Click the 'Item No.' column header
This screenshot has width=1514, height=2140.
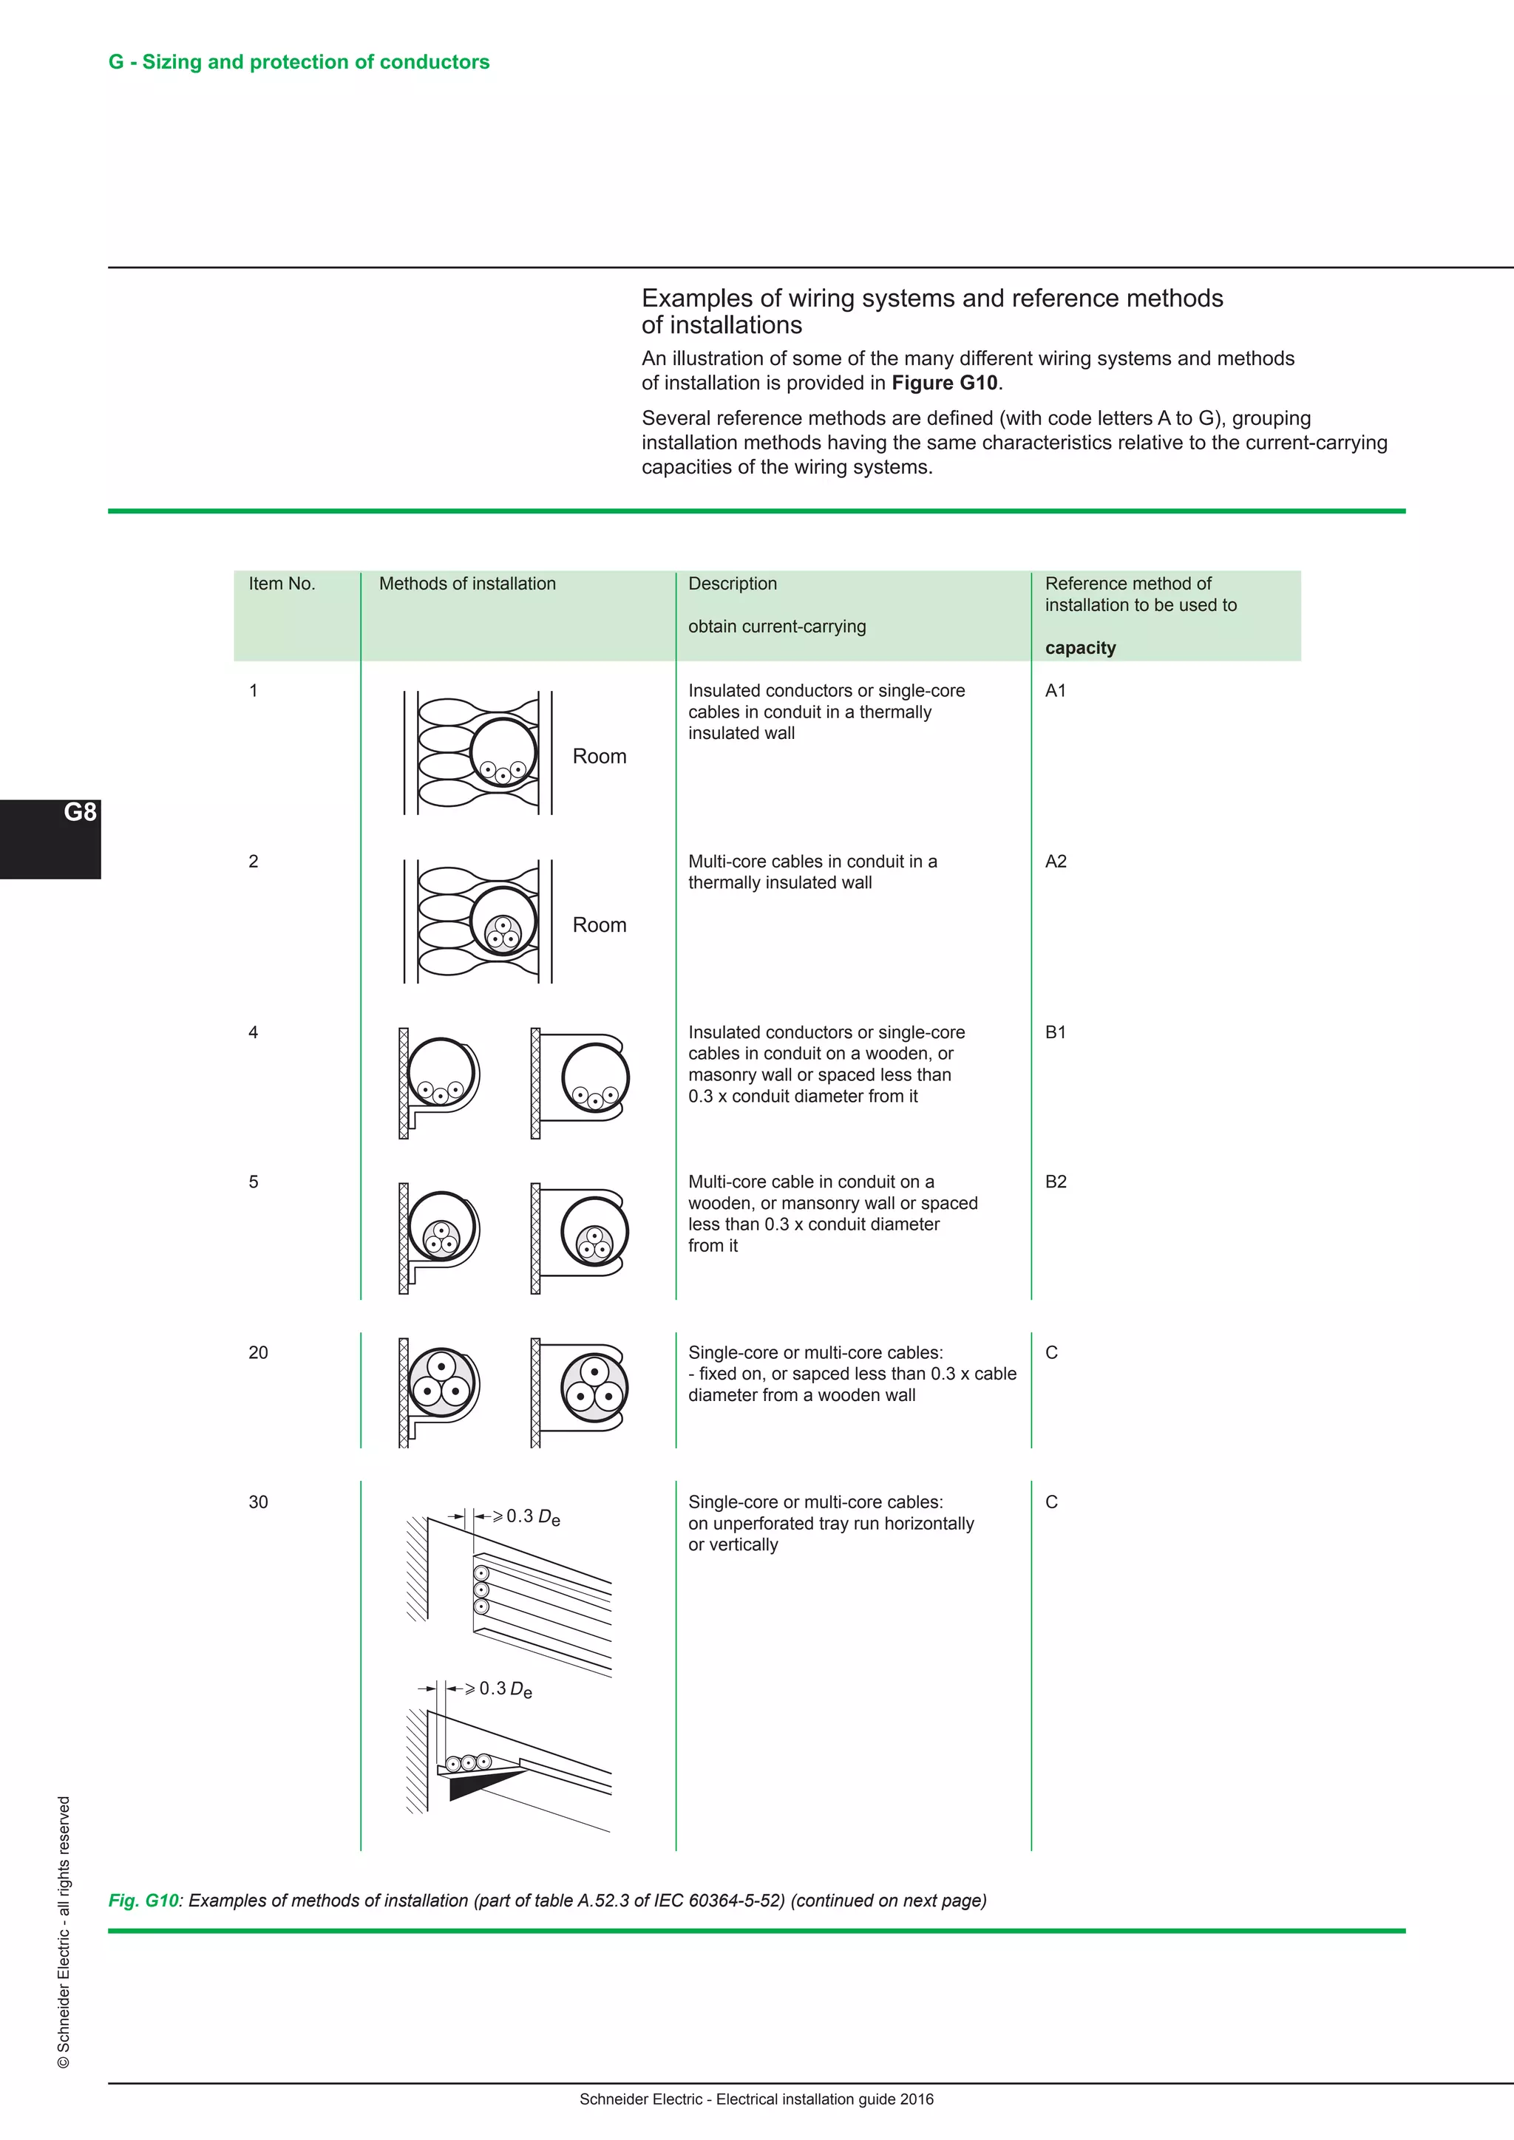point(282,584)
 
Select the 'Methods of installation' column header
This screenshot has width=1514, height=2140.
point(467,584)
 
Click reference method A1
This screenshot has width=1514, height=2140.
point(1056,691)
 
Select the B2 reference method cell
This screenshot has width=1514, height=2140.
point(1056,1182)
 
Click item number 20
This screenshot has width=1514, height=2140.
point(258,1352)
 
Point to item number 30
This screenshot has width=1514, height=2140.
point(258,1502)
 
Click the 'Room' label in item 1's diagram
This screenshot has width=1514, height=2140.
point(599,756)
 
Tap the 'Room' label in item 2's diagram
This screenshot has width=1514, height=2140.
point(599,924)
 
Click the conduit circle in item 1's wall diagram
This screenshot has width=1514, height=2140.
point(503,752)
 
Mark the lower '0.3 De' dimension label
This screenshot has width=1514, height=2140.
point(504,1689)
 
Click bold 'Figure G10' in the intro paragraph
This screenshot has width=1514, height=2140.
point(943,383)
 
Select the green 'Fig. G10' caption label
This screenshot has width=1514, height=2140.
point(143,1901)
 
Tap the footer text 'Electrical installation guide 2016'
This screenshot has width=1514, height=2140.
point(824,2099)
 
